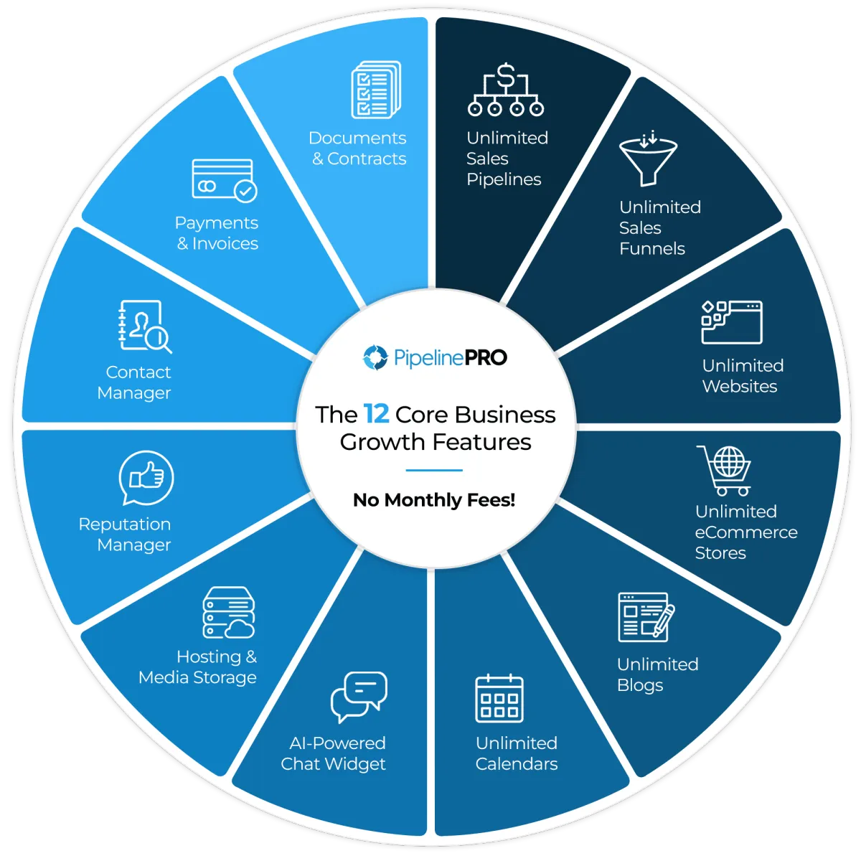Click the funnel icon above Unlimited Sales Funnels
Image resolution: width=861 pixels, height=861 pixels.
[x=648, y=159]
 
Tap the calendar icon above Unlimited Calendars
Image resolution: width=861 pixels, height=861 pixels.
[x=499, y=698]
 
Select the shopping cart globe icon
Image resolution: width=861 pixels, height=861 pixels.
[x=724, y=471]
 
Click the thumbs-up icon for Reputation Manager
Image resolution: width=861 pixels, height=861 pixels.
[x=146, y=478]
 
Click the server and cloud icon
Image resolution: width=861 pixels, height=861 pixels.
[x=228, y=612]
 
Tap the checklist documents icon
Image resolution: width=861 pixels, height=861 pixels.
[x=376, y=90]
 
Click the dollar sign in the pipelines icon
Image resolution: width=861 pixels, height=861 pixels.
[x=506, y=75]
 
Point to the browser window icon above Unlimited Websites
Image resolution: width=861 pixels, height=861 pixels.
[x=731, y=321]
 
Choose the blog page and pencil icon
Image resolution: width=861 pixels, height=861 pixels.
[x=646, y=617]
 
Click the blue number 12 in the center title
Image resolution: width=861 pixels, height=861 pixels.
[x=376, y=414]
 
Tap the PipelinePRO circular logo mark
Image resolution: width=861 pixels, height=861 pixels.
[x=375, y=357]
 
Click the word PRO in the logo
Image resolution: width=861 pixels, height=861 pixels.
[x=486, y=357]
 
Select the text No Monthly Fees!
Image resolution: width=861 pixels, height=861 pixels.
[x=434, y=500]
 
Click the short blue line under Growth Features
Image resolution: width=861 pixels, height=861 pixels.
[x=434, y=470]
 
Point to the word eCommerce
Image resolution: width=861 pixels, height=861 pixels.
[x=746, y=532]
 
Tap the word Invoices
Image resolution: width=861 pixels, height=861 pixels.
[x=225, y=243]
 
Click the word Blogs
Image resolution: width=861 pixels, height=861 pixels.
[x=640, y=685]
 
